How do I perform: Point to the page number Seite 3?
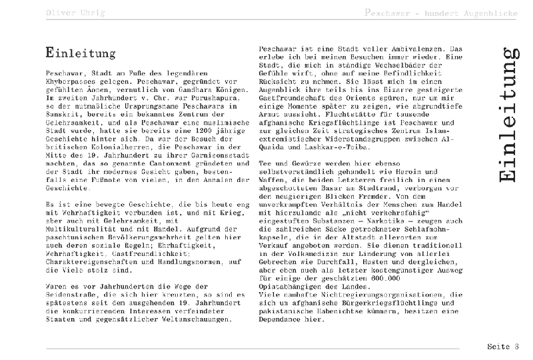pyautogui.click(x=502, y=347)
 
